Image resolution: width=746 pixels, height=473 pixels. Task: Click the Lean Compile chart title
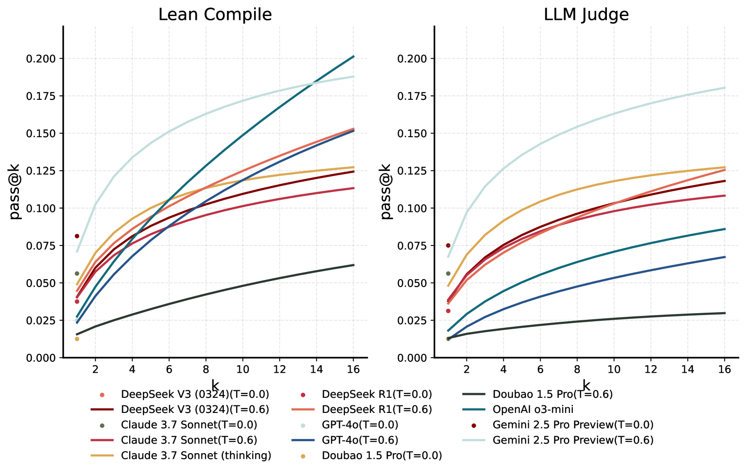(x=215, y=15)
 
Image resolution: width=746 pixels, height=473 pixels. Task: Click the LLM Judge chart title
(x=586, y=15)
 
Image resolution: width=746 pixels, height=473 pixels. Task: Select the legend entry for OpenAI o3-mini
(x=533, y=409)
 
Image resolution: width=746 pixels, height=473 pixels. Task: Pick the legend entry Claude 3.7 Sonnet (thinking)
(x=196, y=455)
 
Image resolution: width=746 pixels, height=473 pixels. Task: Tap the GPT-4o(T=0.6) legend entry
(x=360, y=440)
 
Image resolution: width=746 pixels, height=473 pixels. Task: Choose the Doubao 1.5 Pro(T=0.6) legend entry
(x=552, y=394)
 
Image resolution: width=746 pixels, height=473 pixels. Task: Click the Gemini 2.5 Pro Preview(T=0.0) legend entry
(x=572, y=425)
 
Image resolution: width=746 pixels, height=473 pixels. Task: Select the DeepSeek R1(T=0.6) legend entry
(x=377, y=409)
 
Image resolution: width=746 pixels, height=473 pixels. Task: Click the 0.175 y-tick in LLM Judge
(x=412, y=96)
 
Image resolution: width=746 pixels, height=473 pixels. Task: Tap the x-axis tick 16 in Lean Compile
(x=353, y=369)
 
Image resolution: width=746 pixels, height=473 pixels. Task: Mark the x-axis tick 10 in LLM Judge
(x=614, y=369)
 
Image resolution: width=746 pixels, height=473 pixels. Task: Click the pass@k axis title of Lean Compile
(x=15, y=192)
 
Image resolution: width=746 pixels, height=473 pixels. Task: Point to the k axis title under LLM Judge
(x=586, y=385)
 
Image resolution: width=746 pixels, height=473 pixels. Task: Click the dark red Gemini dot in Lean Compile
(x=77, y=236)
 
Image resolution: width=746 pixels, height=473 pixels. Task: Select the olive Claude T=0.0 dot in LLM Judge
(x=448, y=273)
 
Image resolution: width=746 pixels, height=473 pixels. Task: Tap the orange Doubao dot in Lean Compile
(x=77, y=339)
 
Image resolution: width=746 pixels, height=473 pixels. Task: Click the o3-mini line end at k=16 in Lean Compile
(x=353, y=57)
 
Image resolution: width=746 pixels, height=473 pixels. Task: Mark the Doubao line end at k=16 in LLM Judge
(x=724, y=313)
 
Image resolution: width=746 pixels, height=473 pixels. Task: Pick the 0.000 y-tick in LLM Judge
(x=412, y=358)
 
